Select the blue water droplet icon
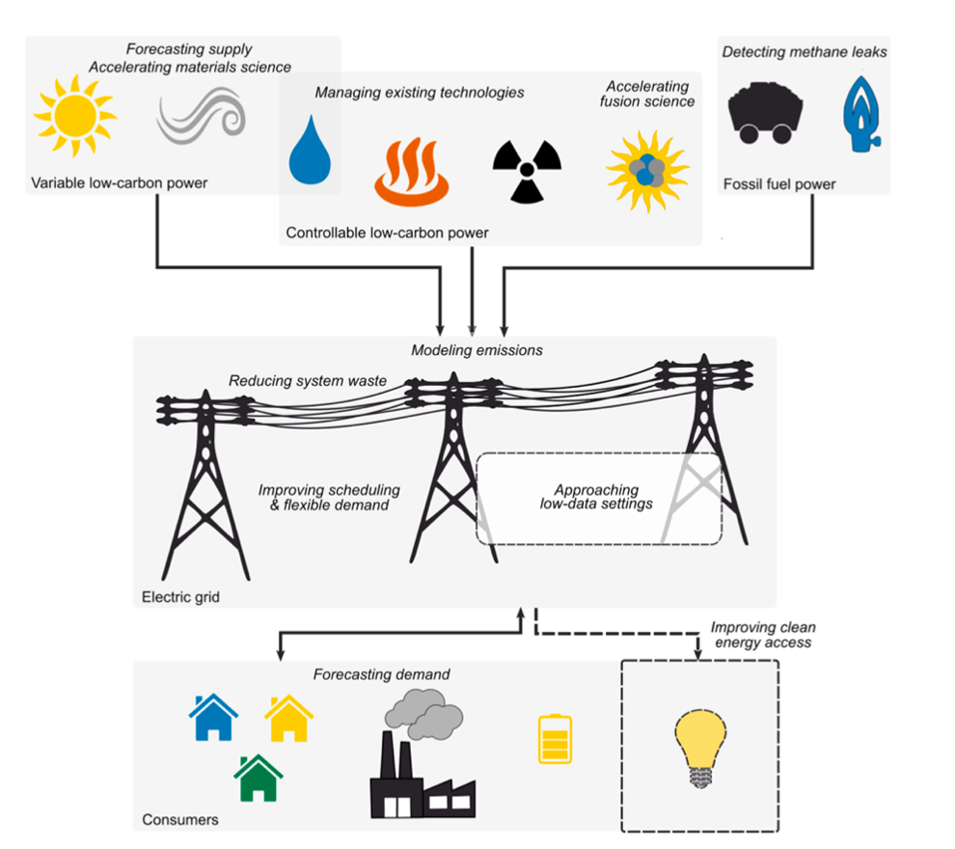pyautogui.click(x=311, y=150)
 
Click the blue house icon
pyautogui.click(x=213, y=717)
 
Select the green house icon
pyautogui.click(x=259, y=779)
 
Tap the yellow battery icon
pyautogui.click(x=555, y=739)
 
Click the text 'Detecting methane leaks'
pyautogui.click(x=804, y=51)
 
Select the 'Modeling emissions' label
pyautogui.click(x=477, y=350)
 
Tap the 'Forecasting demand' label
pyautogui.click(x=381, y=674)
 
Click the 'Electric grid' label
pyautogui.click(x=180, y=597)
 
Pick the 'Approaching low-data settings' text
pyautogui.click(x=596, y=497)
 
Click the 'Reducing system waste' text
pyautogui.click(x=308, y=381)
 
